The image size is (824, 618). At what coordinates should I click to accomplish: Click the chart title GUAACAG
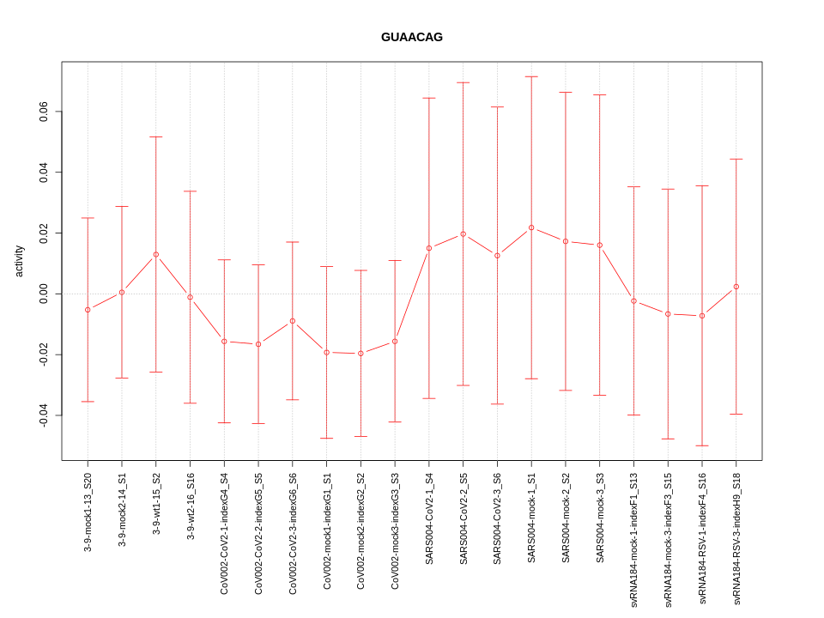[x=412, y=37]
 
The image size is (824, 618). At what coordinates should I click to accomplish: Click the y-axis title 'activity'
[x=19, y=261]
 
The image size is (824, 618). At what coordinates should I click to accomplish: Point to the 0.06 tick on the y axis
[x=44, y=112]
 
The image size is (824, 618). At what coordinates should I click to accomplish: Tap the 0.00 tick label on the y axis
[x=44, y=294]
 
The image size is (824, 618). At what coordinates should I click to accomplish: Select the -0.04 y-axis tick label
[x=44, y=415]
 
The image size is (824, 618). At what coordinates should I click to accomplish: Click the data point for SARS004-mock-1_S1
[x=531, y=227]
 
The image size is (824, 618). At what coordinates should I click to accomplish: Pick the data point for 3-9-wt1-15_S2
[x=156, y=254]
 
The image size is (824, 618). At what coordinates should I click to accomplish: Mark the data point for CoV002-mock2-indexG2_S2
[x=360, y=353]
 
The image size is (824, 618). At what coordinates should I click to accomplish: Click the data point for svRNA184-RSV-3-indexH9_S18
[x=736, y=287]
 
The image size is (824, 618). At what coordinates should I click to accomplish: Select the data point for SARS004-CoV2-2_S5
[x=463, y=233]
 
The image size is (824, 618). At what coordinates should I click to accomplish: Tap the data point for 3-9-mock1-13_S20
[x=88, y=309]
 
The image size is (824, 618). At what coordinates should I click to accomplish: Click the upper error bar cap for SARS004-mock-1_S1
[x=531, y=76]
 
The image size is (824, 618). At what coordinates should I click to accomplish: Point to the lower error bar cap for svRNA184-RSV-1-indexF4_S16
[x=702, y=445]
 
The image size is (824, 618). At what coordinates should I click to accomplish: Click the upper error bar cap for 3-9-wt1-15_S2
[x=156, y=136]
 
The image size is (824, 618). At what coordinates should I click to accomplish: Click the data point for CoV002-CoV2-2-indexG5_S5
[x=258, y=344]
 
